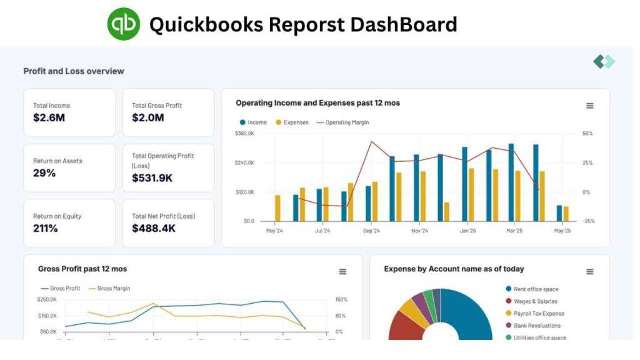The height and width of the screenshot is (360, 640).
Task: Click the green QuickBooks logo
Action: pos(124,24)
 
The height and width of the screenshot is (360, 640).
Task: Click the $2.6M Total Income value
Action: pos(49,117)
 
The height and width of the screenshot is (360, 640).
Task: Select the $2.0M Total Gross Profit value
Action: pos(148,117)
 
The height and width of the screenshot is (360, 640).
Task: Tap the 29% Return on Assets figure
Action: pos(44,173)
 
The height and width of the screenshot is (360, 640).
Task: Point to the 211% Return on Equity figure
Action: pos(46,228)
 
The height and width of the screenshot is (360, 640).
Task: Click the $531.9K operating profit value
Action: pos(152,178)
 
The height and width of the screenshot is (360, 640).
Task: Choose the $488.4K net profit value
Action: pos(153,228)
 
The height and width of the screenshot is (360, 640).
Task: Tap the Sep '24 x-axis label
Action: pos(371,231)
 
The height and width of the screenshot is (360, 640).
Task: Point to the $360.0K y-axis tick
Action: pos(244,134)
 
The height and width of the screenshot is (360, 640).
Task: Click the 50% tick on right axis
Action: pos(587,134)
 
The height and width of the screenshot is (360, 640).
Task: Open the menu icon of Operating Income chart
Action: pos(589,106)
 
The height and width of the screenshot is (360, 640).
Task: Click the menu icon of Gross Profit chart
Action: pos(342,271)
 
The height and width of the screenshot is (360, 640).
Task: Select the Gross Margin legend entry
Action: pos(113,289)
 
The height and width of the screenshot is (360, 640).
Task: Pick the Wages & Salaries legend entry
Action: pos(535,301)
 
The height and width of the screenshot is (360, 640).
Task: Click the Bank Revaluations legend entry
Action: pos(537,326)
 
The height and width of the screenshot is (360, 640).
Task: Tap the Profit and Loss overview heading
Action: pos(74,71)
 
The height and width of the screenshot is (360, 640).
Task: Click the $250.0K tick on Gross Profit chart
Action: pos(47,299)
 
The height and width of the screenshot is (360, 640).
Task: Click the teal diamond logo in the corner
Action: pos(604,61)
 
